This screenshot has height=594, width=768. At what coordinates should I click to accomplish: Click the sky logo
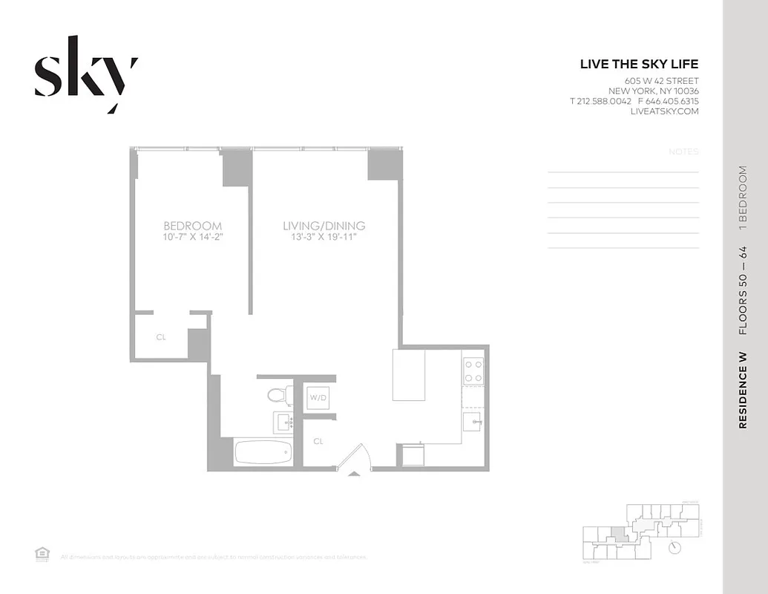click(x=85, y=74)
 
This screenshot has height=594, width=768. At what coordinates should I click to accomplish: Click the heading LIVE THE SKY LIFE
click(x=639, y=65)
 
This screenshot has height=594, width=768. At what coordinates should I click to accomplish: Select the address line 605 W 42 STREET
click(x=661, y=81)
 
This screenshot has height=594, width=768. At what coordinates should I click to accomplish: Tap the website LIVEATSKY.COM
click(x=664, y=111)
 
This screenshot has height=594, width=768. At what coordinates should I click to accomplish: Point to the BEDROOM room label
click(x=192, y=226)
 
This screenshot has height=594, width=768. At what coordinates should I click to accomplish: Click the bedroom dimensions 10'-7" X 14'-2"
click(x=192, y=238)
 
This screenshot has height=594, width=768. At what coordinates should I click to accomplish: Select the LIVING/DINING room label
click(x=324, y=226)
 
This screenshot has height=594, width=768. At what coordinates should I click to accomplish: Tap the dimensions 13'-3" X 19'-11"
click(x=324, y=238)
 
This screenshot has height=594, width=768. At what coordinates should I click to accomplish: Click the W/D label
click(x=317, y=397)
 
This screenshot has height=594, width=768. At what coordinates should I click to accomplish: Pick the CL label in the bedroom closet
click(x=161, y=337)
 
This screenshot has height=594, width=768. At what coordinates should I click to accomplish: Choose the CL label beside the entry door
click(x=318, y=441)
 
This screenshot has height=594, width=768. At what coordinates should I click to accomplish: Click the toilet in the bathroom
click(x=279, y=394)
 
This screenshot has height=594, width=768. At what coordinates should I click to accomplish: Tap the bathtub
click(x=263, y=451)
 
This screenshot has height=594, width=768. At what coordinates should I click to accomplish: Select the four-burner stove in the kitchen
click(x=473, y=371)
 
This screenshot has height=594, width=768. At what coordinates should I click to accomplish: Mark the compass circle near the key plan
click(x=674, y=548)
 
